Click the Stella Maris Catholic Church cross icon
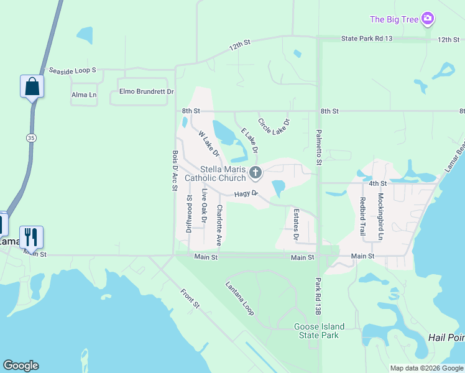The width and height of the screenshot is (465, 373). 255,172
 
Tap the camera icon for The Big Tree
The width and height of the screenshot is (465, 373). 427,19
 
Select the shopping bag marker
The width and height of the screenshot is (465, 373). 32,86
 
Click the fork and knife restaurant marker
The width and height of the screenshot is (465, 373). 31,237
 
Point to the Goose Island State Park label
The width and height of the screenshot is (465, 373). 316,331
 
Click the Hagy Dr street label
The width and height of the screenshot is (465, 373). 247,195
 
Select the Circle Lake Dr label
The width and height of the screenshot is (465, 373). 274,127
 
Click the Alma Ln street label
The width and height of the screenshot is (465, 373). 84,95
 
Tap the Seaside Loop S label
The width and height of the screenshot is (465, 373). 73,70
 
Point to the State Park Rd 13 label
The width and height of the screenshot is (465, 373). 367,39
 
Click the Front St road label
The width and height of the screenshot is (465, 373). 190,299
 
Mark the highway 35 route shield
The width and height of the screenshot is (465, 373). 30,138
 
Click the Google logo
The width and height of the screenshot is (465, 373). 21,366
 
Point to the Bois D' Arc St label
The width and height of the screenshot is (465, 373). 175,169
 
